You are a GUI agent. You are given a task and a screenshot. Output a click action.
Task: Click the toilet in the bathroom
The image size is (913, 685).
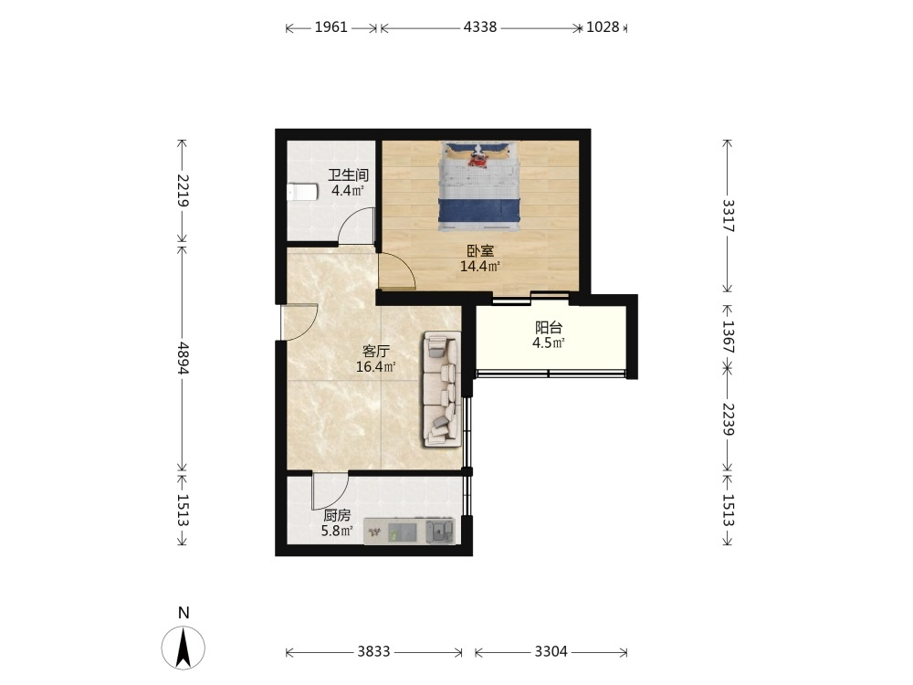click(x=302, y=192)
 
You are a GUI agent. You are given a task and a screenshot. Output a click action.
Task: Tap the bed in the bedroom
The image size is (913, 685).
click(x=478, y=185)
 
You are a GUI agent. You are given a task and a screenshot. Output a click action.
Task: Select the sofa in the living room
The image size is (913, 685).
click(x=442, y=389)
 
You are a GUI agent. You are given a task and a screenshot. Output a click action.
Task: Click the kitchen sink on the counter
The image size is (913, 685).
click(x=440, y=532)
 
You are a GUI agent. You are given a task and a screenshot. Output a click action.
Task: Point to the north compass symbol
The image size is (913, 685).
click(x=184, y=648)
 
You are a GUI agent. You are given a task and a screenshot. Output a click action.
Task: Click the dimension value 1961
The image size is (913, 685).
click(x=331, y=27)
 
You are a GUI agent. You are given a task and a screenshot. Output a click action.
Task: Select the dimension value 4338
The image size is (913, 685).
click(x=480, y=27)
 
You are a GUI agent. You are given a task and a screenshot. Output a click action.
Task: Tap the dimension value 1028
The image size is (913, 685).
click(x=603, y=27)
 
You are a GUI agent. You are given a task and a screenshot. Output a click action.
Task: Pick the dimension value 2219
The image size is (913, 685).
click(x=183, y=191)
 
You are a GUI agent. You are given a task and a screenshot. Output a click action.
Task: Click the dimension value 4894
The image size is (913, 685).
click(x=183, y=358)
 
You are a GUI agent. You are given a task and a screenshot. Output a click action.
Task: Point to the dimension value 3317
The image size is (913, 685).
click(x=728, y=216)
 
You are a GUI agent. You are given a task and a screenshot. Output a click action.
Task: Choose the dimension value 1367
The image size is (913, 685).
click(x=728, y=337)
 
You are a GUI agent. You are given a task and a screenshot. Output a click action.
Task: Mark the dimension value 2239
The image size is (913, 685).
click(x=728, y=419)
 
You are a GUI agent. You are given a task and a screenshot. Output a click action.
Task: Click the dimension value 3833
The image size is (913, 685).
click(x=373, y=651)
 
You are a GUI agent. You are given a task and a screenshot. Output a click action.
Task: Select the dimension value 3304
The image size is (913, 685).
click(x=551, y=651)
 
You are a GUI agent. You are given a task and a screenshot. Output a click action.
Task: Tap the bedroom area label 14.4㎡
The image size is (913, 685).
click(x=480, y=267)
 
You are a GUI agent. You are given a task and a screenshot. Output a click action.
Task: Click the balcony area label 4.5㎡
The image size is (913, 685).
click(x=549, y=342)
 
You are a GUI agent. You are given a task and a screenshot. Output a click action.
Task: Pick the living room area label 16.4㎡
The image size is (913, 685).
click(x=376, y=367)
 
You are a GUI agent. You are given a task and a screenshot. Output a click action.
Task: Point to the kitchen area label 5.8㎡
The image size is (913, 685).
click(x=337, y=531)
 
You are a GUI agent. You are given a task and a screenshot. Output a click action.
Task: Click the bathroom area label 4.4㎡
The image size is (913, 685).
click(x=348, y=191)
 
